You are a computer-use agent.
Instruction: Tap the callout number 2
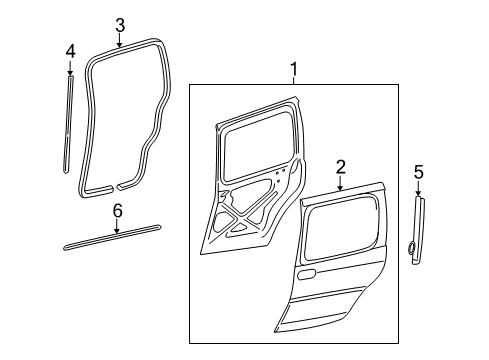point(340,166)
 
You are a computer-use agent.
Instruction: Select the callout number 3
point(119,25)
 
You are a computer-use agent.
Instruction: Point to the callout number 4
point(70,50)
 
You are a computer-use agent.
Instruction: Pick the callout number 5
point(418,174)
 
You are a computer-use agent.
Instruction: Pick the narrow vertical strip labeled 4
point(68,125)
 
